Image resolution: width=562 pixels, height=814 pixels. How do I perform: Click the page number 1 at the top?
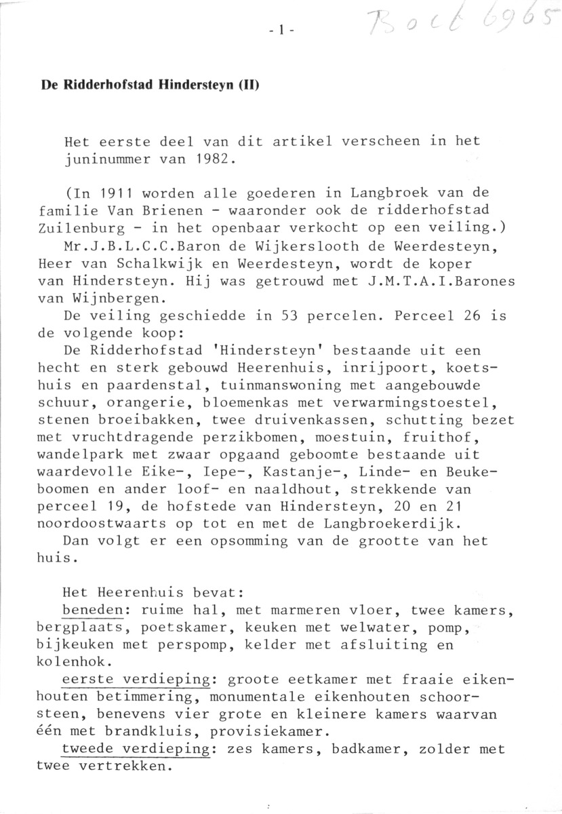[x=279, y=30]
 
